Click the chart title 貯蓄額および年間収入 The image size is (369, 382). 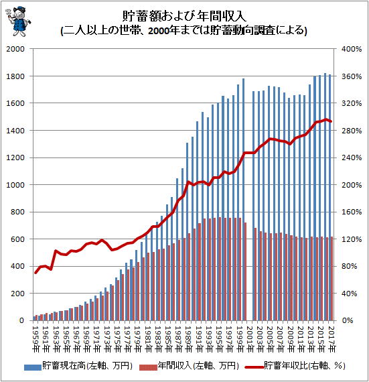click(184, 15)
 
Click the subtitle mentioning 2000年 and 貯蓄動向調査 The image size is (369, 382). click(184, 31)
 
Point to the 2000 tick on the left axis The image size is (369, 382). click(16, 49)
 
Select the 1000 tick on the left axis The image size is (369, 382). click(16, 185)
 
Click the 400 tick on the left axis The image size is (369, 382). click(18, 266)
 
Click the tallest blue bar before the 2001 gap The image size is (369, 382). click(243, 200)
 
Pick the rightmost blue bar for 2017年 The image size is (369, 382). click(329, 197)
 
